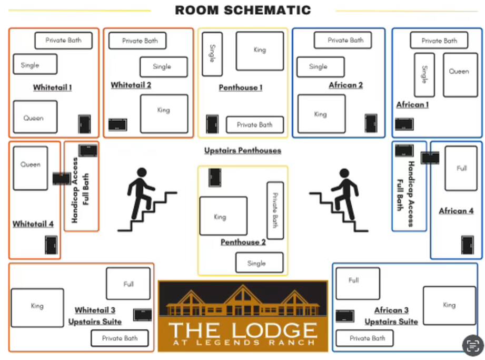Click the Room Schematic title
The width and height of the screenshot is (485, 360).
click(x=243, y=10)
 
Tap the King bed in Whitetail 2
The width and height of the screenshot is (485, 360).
click(x=164, y=113)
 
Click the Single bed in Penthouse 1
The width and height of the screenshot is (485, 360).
click(x=212, y=54)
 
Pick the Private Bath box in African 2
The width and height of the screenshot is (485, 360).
click(x=345, y=40)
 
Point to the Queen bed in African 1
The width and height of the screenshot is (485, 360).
click(x=460, y=74)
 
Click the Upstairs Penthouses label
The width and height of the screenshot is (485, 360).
click(x=243, y=151)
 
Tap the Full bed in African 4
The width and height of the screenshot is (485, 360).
click(x=461, y=169)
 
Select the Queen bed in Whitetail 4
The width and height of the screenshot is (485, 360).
click(x=31, y=168)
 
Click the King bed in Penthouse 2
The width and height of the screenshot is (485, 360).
click(x=223, y=216)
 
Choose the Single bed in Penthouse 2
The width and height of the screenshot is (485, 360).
click(x=259, y=262)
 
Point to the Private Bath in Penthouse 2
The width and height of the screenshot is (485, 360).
click(x=275, y=210)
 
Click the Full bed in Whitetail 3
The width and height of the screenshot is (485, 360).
click(x=128, y=284)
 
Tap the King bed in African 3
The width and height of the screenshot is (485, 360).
click(x=449, y=305)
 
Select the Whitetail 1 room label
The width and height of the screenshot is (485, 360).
click(x=52, y=87)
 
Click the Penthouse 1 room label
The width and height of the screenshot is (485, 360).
click(x=241, y=87)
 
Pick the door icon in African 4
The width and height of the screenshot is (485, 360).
click(x=467, y=245)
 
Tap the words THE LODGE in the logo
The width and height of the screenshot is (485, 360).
click(x=243, y=330)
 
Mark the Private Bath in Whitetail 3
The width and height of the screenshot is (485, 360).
click(x=120, y=338)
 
